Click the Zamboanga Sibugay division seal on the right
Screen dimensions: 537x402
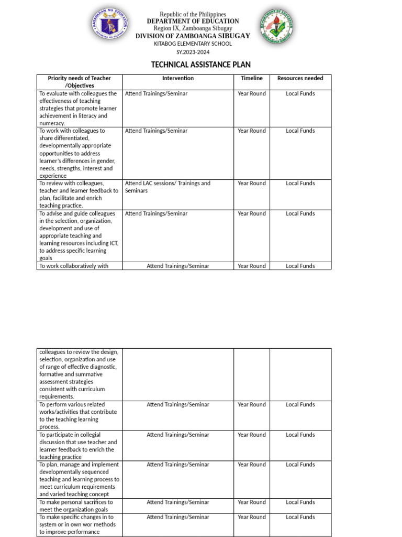[x=276, y=26]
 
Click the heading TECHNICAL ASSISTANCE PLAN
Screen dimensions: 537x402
[x=201, y=65]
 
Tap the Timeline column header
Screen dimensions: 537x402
[x=252, y=78]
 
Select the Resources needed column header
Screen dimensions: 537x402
[x=300, y=78]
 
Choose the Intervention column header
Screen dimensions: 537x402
[x=178, y=78]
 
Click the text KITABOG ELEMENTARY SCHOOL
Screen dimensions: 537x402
[x=193, y=44]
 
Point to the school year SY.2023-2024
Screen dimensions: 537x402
[x=193, y=52]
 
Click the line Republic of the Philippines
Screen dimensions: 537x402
[x=193, y=14]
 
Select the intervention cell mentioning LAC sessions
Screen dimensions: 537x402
[x=167, y=187]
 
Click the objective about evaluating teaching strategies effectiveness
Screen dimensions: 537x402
[x=79, y=108]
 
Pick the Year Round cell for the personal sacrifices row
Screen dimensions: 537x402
[x=252, y=502]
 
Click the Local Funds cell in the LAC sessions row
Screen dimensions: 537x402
[x=300, y=183]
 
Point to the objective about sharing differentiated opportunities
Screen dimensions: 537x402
[x=79, y=153]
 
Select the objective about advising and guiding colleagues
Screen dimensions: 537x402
[x=79, y=235]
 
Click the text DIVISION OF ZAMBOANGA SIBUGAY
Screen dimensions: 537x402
[x=193, y=36]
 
